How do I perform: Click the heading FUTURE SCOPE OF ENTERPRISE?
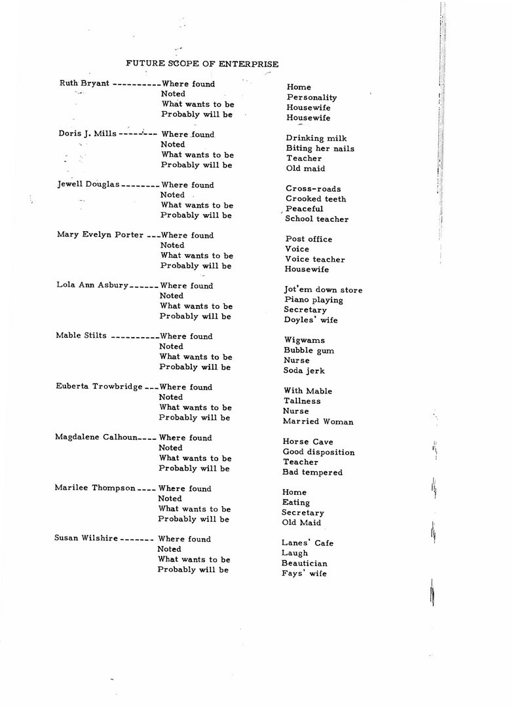[x=202, y=64]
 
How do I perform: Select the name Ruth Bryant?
[x=85, y=84]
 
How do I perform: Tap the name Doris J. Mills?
[x=87, y=134]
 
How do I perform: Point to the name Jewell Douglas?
[x=88, y=185]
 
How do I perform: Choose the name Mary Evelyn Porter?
[x=100, y=235]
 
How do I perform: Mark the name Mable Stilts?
[x=81, y=336]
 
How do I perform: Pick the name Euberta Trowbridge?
[x=98, y=387]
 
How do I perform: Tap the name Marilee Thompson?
[x=95, y=488]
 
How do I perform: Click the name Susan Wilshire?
[x=86, y=539]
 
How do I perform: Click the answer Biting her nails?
[x=320, y=149]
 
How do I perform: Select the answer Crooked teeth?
[x=316, y=199]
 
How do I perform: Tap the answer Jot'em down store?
[x=323, y=290]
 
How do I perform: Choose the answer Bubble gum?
[x=309, y=351]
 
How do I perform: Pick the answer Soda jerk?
[x=305, y=371]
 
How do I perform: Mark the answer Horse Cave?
[x=308, y=442]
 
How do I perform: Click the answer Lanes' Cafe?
[x=307, y=543]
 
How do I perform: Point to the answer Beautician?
[x=304, y=564]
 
